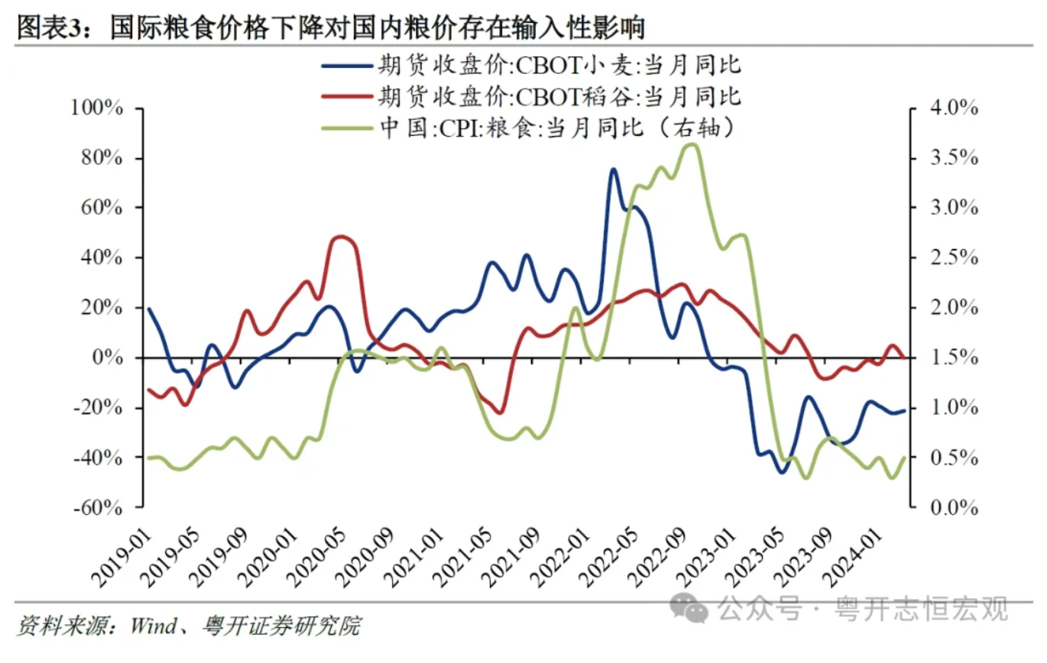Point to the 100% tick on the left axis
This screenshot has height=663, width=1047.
pyautogui.click(x=96, y=108)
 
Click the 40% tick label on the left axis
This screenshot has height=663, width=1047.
pyautogui.click(x=101, y=258)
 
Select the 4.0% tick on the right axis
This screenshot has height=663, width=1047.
pyautogui.click(x=951, y=108)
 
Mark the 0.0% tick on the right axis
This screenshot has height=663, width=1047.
pyautogui.click(x=951, y=507)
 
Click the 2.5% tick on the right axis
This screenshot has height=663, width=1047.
pyautogui.click(x=951, y=258)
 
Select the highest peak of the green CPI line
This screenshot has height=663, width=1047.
pyautogui.click(x=691, y=144)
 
